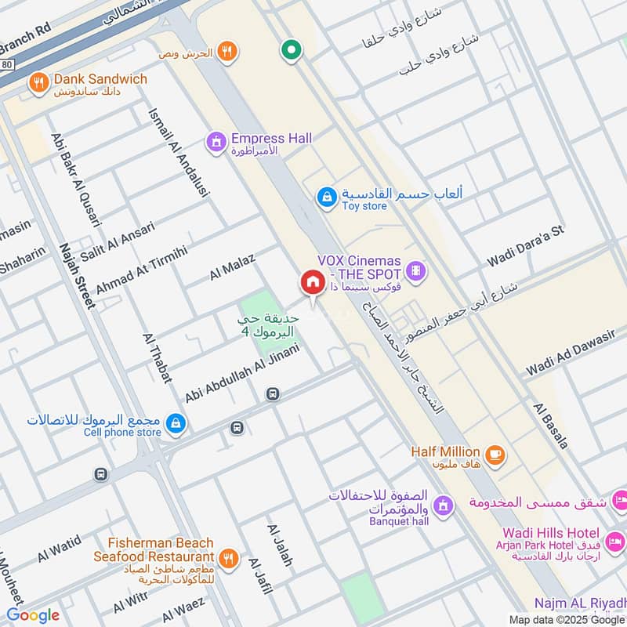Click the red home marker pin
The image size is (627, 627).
coord(312,283)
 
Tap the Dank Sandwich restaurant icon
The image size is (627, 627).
coord(37,82)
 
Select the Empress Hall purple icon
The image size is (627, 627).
coord(215,142)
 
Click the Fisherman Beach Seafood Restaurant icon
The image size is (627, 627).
coord(228,558)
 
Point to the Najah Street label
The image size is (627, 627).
coord(76,276)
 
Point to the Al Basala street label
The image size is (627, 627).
coord(550,426)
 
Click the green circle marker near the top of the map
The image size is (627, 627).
coord(291,51)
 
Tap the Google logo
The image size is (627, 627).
coord(33,615)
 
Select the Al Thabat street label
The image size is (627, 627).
coord(157,357)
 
